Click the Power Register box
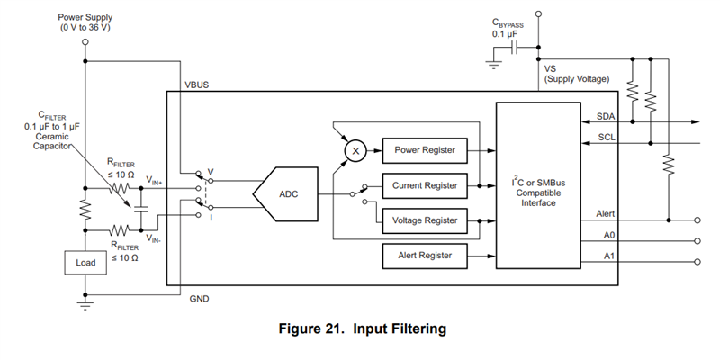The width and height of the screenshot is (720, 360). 426,150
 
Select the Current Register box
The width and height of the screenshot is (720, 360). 426,186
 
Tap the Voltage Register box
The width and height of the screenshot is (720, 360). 426,220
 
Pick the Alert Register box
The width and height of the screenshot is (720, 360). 426,256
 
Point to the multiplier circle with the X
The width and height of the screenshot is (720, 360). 356,150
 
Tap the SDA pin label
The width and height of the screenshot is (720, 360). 606,117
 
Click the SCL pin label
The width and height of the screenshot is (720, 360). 606,138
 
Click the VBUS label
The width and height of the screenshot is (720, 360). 199,84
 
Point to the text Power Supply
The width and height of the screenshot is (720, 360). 85,16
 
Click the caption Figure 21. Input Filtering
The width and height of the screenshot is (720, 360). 360,329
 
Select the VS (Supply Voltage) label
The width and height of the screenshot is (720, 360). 576,74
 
